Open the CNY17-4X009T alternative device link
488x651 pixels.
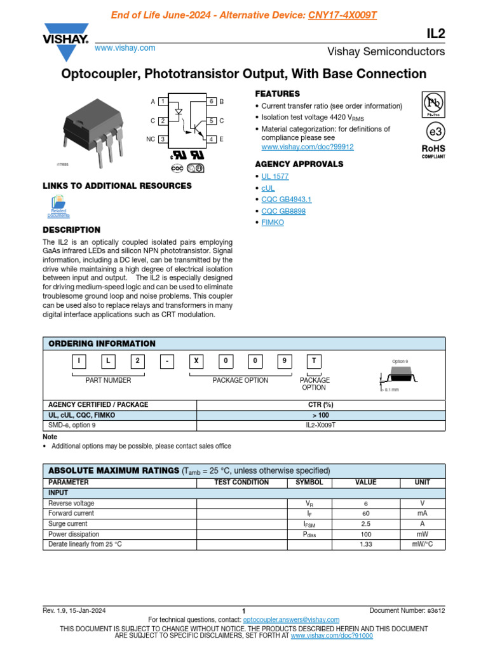(342, 15)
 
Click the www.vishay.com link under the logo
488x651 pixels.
(125, 48)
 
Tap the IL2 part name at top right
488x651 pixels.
(435, 32)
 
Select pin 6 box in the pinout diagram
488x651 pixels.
(212, 102)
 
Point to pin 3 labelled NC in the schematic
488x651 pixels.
(163, 139)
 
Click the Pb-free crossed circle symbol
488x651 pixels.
(433, 103)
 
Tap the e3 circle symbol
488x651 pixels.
(433, 132)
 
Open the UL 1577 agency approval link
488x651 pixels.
(274, 176)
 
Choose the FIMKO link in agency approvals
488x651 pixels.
(273, 223)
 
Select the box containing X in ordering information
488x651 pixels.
(196, 361)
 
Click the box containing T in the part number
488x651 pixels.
(313, 361)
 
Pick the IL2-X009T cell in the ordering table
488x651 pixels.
(321, 425)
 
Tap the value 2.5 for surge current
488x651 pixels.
(365, 524)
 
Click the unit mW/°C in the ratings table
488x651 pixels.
(422, 545)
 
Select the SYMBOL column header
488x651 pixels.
(309, 483)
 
